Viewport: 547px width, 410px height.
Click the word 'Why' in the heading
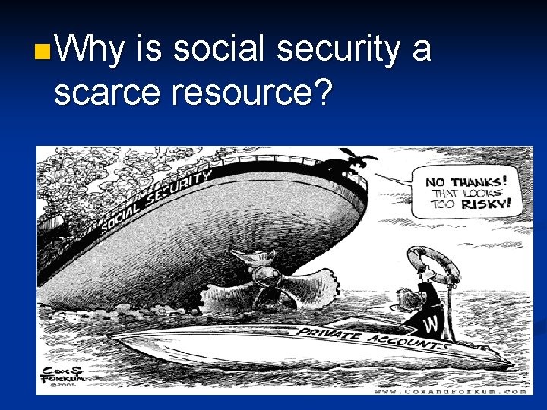[90, 51]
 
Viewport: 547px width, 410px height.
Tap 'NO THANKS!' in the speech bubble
[466, 181]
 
